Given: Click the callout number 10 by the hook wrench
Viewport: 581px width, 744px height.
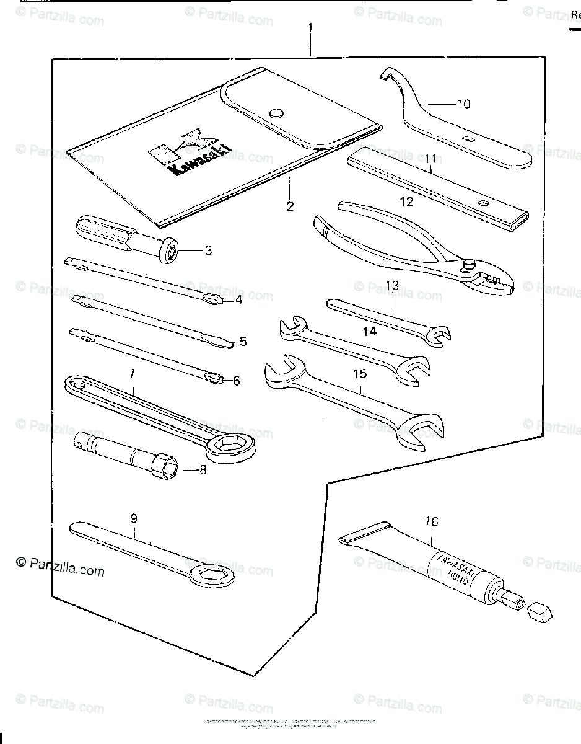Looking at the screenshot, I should [x=463, y=104].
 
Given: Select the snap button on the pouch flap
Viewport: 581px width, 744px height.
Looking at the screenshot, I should [x=277, y=112].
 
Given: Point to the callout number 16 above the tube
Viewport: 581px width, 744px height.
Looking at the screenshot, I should [x=431, y=522].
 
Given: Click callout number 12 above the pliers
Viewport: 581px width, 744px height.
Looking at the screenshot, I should [x=406, y=201].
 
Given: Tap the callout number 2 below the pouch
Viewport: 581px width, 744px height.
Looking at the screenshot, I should [x=290, y=206].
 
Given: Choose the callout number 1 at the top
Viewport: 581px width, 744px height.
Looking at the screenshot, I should [x=310, y=28].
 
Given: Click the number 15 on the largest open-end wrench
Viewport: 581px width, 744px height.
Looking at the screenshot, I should [x=360, y=374].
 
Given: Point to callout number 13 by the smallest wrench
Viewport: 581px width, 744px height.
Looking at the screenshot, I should [x=392, y=285].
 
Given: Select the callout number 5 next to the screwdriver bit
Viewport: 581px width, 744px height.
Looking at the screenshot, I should [x=243, y=341].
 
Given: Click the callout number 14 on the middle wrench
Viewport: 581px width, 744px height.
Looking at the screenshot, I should [x=370, y=333].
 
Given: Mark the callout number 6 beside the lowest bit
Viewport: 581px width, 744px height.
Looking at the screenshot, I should [x=236, y=381].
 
